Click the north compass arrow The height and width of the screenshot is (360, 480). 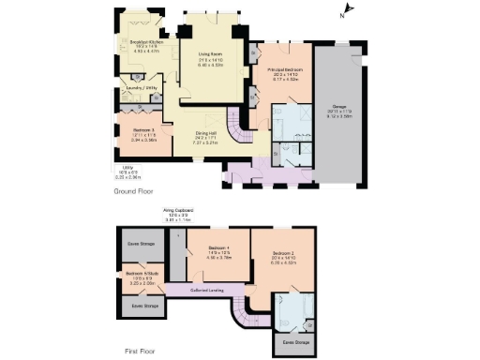(342, 12)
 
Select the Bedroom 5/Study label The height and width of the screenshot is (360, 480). (139, 275)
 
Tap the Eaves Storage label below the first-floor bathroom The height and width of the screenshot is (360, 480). (296, 341)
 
